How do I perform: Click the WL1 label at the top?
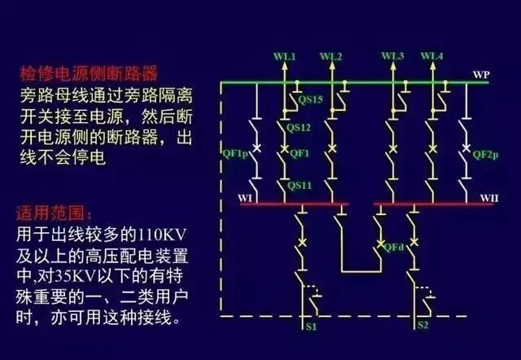pyautogui.click(x=284, y=56)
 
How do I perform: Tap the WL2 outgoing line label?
pyautogui.click(x=331, y=56)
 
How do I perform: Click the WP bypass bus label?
pyautogui.click(x=481, y=75)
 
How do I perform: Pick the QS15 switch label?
pyautogui.click(x=310, y=99)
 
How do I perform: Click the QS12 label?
pyautogui.click(x=300, y=128)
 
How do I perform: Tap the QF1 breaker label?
pyautogui.click(x=299, y=153)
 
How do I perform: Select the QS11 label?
pyautogui.click(x=300, y=186)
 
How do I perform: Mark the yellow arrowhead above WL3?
pyautogui.click(x=394, y=68)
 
